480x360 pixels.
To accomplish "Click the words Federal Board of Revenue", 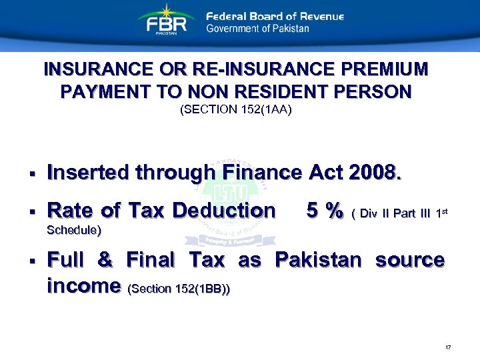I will click(275, 16).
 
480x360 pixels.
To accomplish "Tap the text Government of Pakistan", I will click(257, 29).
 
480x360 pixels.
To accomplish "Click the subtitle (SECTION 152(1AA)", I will click(236, 111).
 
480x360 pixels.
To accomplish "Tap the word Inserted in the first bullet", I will click(89, 173).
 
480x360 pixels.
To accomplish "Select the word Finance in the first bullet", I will click(262, 173).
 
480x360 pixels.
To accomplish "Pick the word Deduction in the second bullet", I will click(223, 211).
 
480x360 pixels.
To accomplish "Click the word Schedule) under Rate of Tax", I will click(75, 230).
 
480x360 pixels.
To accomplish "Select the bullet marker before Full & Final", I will click(31, 261).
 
